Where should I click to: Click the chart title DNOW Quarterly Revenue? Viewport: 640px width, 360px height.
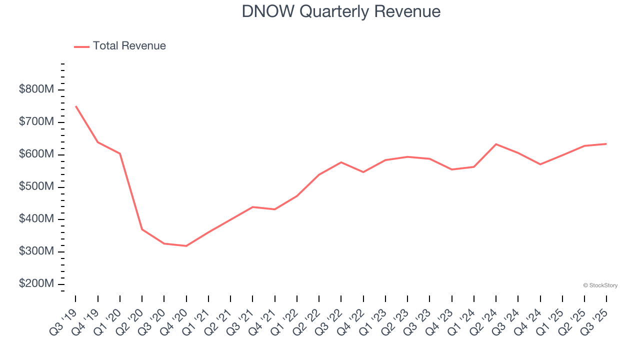tap(341, 11)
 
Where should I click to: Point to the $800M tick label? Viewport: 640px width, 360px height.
tap(36, 90)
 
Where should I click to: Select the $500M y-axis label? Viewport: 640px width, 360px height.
tap(36, 187)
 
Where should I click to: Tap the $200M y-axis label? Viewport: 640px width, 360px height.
tap(36, 284)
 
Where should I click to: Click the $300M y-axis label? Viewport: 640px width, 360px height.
tap(36, 251)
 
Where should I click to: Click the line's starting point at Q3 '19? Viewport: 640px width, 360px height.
tap(75, 106)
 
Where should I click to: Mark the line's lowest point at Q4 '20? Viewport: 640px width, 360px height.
tap(186, 246)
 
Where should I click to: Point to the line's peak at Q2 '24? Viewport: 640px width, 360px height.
tap(495, 144)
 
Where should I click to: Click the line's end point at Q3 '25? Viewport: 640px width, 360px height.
tap(606, 144)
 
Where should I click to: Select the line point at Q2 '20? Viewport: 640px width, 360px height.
tap(142, 229)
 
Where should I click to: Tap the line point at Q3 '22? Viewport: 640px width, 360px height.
tap(341, 162)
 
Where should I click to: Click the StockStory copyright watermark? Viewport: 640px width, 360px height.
tap(600, 285)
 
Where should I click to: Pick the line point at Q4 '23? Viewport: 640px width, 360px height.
tap(451, 169)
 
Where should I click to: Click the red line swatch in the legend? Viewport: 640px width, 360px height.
tap(81, 46)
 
